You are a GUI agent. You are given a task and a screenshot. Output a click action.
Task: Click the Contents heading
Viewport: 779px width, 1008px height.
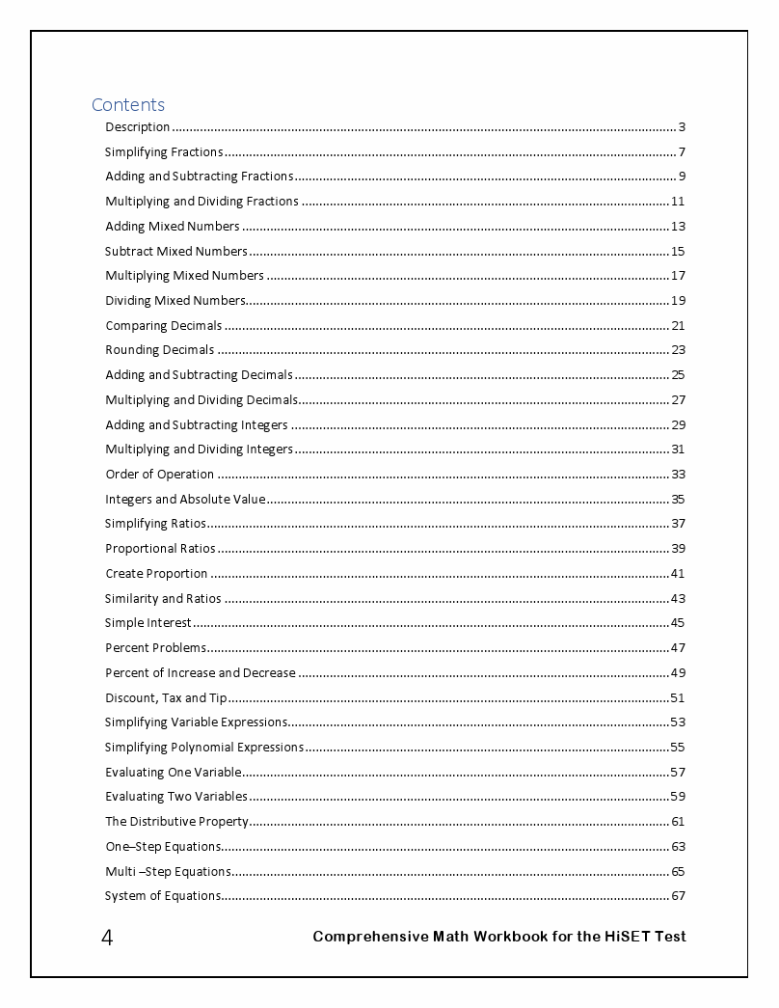tap(128, 104)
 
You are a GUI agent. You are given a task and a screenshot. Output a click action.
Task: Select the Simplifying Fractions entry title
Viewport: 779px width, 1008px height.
tap(164, 151)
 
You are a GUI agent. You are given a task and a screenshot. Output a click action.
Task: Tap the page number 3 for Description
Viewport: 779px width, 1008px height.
tap(682, 126)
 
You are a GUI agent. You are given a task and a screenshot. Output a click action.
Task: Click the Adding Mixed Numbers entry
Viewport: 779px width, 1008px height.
tap(173, 226)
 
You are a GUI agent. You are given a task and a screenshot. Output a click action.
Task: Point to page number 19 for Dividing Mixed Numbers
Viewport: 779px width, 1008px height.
tap(678, 300)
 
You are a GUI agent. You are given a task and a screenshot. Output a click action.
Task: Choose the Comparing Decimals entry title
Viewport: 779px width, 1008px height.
tap(164, 325)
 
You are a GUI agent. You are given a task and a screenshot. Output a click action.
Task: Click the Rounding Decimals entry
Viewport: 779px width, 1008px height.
tap(160, 350)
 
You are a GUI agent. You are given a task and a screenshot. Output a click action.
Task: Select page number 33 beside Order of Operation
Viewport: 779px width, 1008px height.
tap(678, 474)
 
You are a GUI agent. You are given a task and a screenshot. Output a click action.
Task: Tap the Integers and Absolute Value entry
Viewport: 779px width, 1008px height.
tap(185, 499)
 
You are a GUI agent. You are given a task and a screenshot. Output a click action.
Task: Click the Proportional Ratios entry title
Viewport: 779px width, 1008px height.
tap(160, 549)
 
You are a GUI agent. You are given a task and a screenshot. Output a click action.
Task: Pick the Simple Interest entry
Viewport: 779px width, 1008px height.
tap(148, 623)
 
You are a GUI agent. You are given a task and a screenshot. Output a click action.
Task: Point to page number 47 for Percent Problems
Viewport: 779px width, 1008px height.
tap(678, 647)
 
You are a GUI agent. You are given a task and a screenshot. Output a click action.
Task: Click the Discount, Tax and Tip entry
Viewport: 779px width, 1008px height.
tap(166, 697)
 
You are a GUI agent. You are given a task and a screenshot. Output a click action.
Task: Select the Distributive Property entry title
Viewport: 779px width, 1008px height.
tap(177, 822)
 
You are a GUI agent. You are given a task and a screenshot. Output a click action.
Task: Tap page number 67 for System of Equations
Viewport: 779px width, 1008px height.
tap(678, 896)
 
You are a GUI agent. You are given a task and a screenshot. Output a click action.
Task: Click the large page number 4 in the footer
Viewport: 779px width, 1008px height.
tap(107, 938)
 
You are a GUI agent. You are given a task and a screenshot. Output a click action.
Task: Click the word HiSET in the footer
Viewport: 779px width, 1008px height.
tap(631, 937)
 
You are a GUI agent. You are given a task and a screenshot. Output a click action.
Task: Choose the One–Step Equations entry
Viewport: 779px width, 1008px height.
tap(163, 847)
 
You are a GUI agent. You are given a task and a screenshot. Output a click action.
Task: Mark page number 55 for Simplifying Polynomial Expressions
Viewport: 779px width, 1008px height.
tap(678, 747)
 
